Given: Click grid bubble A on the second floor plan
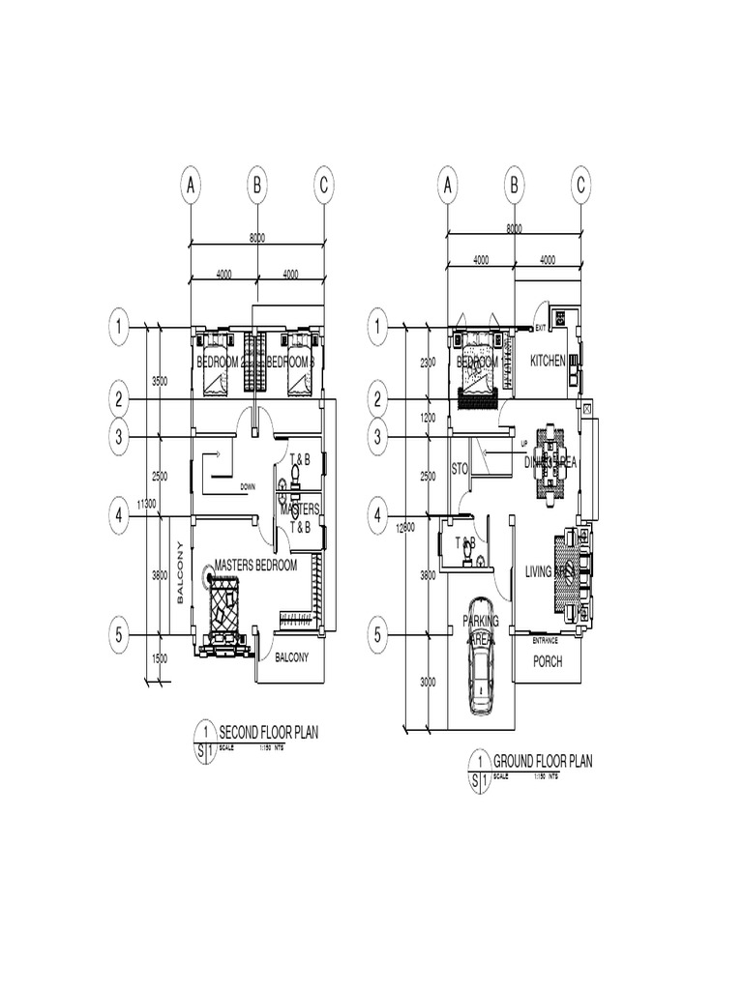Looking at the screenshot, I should (x=191, y=184).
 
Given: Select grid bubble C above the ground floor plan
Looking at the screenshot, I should (x=581, y=184).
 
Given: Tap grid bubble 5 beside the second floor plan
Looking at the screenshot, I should (x=119, y=635).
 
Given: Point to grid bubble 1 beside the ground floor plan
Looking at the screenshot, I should (x=376, y=329).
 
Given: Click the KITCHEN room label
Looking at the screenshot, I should (x=548, y=361).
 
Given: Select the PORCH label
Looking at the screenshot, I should (x=549, y=661).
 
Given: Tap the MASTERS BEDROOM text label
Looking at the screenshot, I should (x=255, y=565).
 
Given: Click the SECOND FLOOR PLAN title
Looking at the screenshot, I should (x=268, y=732).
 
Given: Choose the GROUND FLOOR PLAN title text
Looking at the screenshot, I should (x=543, y=760).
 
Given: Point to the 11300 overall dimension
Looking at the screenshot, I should (x=147, y=504).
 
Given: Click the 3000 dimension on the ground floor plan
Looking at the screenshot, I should (x=428, y=682).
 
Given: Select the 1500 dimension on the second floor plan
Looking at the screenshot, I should (x=160, y=658).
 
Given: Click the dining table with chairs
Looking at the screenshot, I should (x=549, y=463).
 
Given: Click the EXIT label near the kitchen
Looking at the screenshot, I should (x=541, y=329).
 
